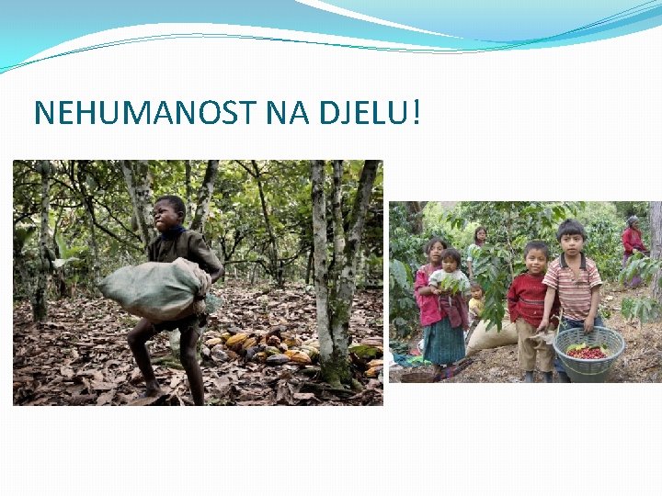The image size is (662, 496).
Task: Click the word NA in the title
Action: tap(289, 113)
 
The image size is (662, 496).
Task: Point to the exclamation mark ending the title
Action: tap(416, 113)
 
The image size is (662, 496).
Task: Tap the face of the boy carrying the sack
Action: tap(169, 214)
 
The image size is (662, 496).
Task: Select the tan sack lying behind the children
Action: tap(491, 336)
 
